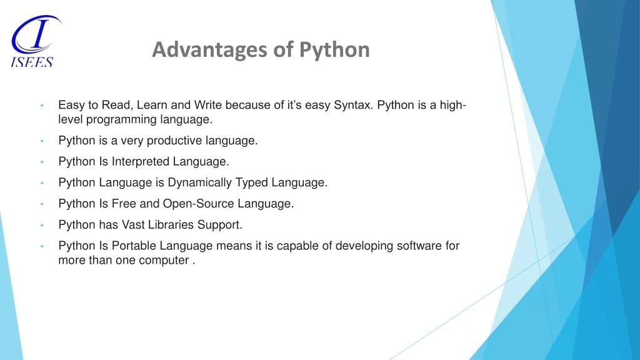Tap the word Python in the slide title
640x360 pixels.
click(x=334, y=49)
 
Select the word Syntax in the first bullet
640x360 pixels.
click(x=354, y=105)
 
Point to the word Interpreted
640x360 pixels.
click(x=141, y=162)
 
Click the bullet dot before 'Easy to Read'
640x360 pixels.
click(x=41, y=106)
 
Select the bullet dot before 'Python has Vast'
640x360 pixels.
click(x=41, y=225)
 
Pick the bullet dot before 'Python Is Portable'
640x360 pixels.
click(x=41, y=246)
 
